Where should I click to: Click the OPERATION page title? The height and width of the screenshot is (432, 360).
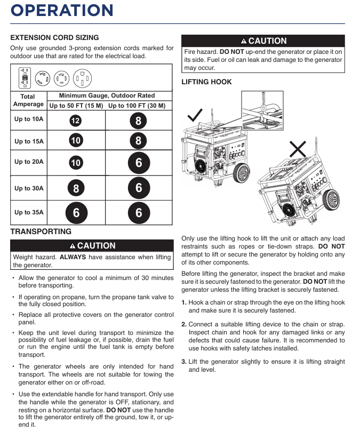[x=62, y=11]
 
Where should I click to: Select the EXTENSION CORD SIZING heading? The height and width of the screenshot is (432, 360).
[x=54, y=38]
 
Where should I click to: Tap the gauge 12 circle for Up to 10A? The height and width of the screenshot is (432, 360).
[x=76, y=121]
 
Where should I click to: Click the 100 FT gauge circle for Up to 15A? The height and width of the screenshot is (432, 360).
[x=139, y=141]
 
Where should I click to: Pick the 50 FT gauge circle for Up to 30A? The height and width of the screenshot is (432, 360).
[x=76, y=188]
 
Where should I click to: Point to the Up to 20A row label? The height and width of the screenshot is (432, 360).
[x=29, y=161]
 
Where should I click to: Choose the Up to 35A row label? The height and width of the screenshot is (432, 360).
[x=29, y=212]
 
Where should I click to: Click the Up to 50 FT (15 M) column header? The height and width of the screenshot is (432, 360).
[x=76, y=105]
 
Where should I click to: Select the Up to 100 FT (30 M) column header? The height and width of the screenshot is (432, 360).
[x=139, y=105]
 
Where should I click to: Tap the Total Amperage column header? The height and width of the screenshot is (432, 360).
[x=28, y=100]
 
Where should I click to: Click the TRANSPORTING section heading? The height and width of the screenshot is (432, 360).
[x=41, y=231]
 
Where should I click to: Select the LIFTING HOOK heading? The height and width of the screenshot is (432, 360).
[x=206, y=82]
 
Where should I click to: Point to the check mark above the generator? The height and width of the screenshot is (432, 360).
[x=195, y=114]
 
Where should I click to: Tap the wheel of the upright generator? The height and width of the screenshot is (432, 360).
[x=241, y=173]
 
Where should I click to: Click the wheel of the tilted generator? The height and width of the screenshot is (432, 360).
[x=332, y=200]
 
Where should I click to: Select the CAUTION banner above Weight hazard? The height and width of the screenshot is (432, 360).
[x=92, y=246]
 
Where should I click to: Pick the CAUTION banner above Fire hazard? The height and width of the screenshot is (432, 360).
[x=263, y=41]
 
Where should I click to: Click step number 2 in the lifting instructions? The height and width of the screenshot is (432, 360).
[x=184, y=324]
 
